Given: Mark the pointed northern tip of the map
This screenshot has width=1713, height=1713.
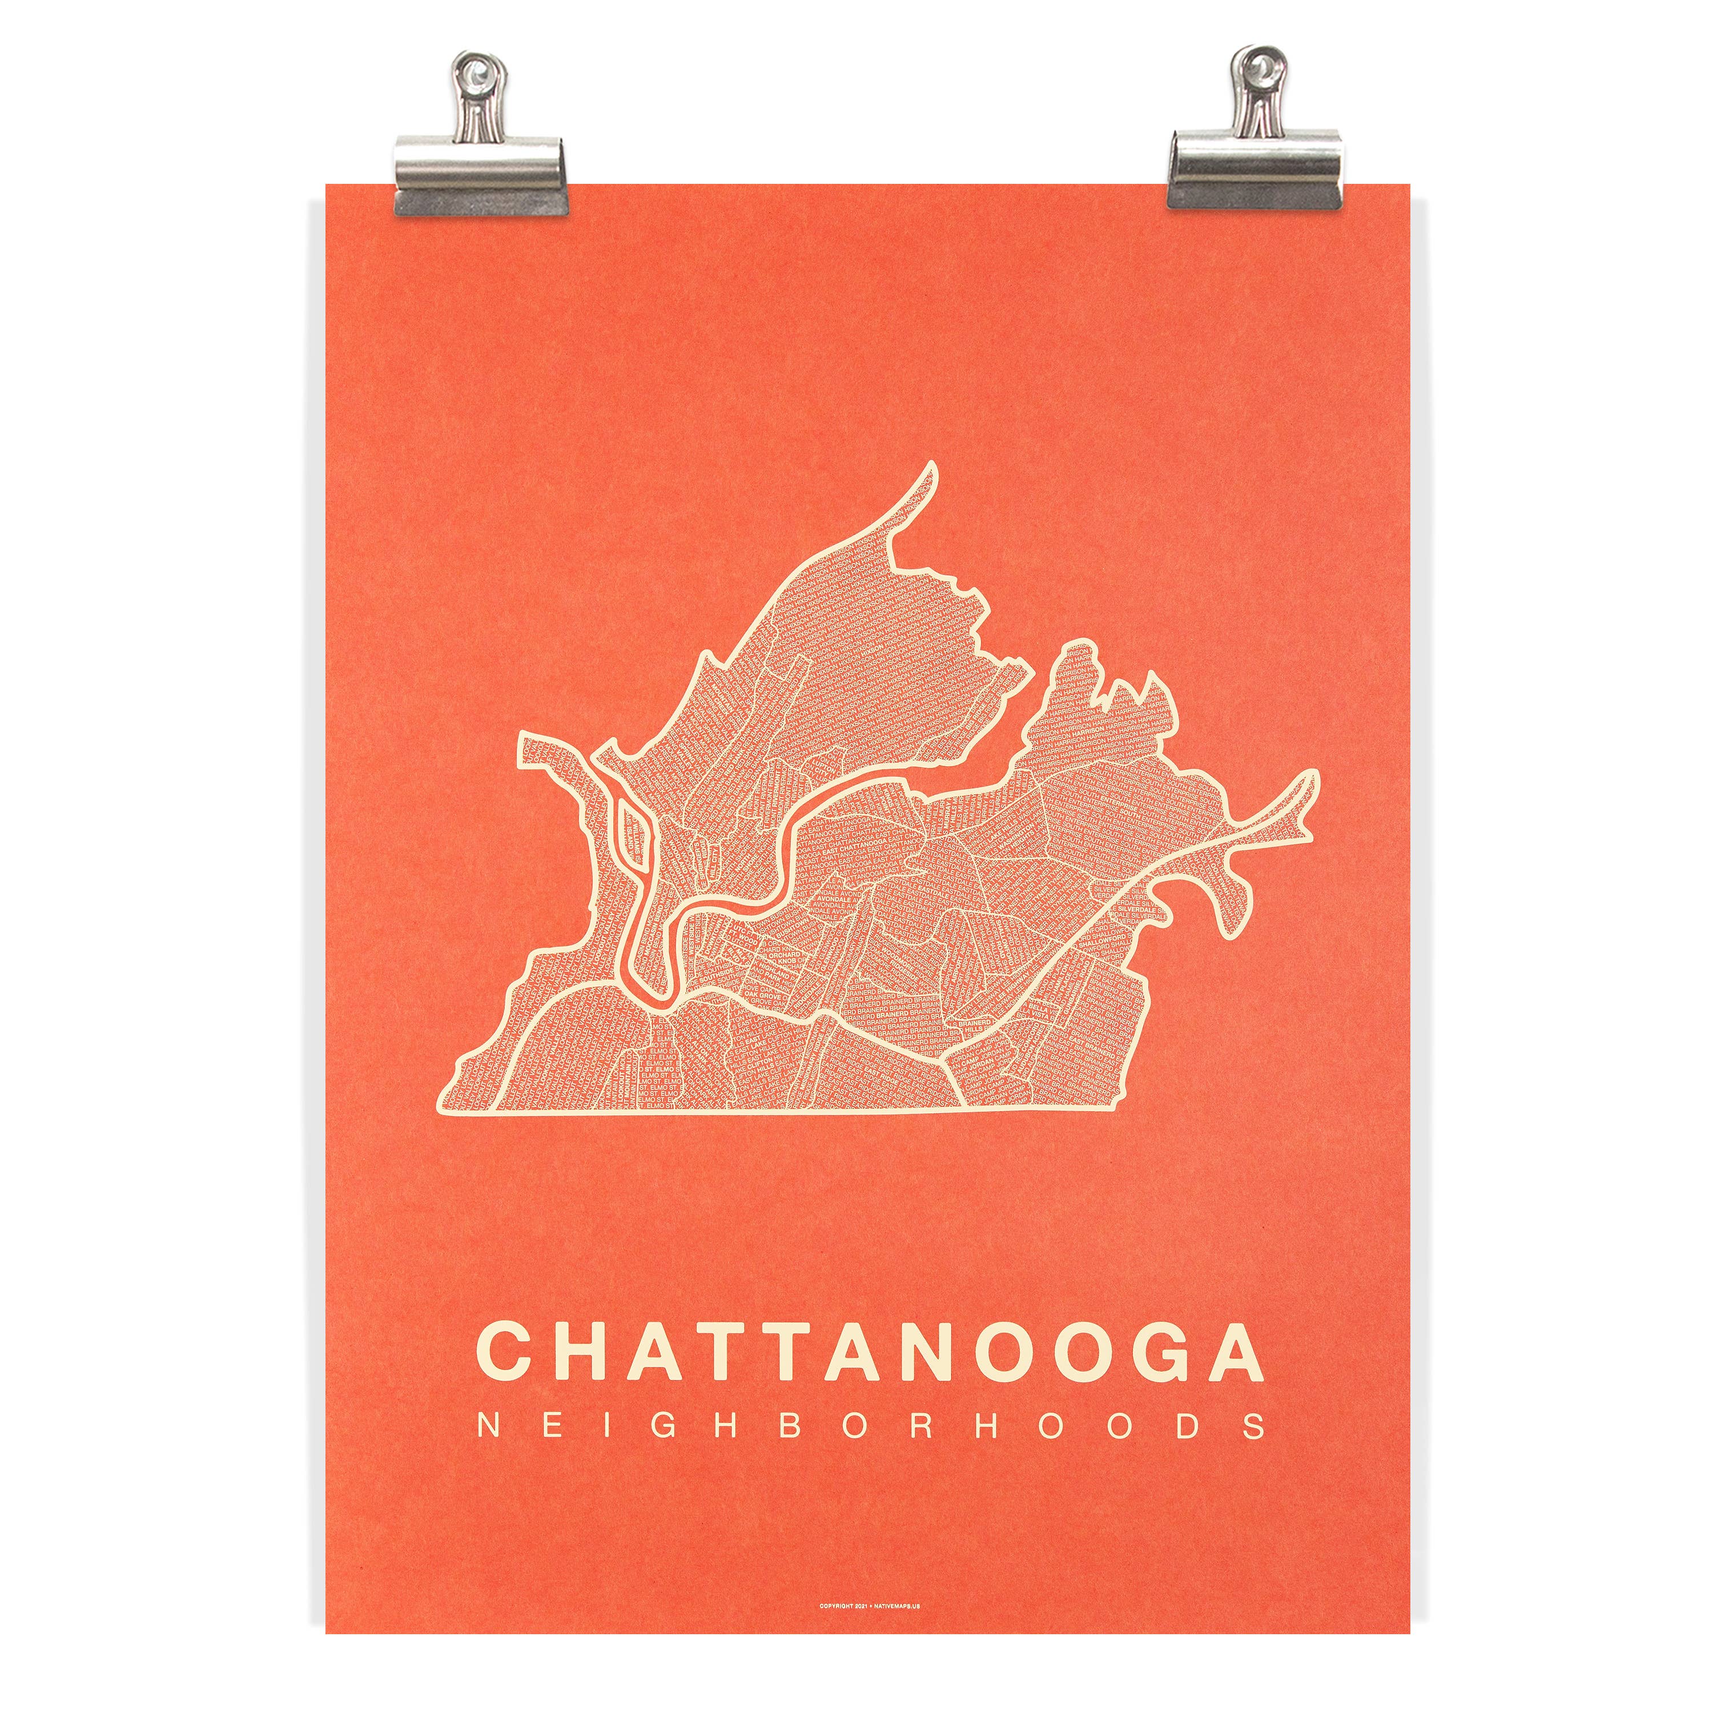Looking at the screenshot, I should coord(930,465).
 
